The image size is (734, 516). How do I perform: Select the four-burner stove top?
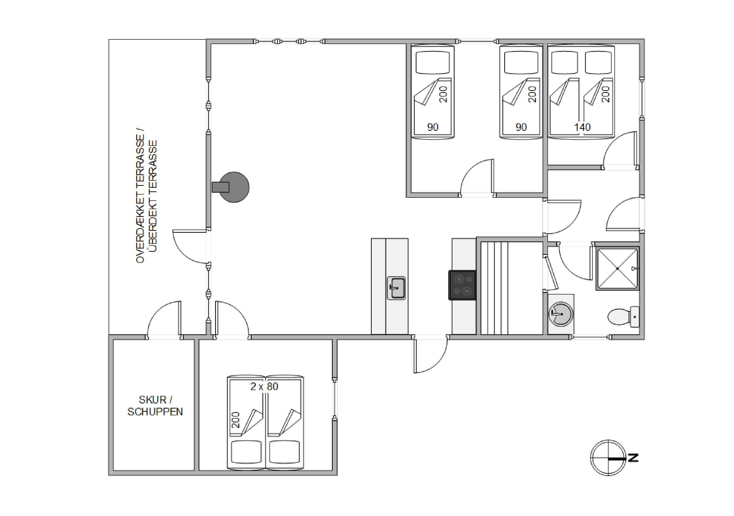tap(462, 285)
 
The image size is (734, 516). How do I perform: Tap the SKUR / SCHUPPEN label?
tap(155, 406)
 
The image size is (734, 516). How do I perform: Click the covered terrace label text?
tap(146, 196)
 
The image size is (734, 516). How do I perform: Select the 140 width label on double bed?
tap(582, 127)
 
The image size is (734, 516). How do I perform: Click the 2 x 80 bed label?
tap(264, 386)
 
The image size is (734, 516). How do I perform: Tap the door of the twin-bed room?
tap(477, 177)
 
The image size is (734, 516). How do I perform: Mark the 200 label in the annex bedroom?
tap(235, 420)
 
